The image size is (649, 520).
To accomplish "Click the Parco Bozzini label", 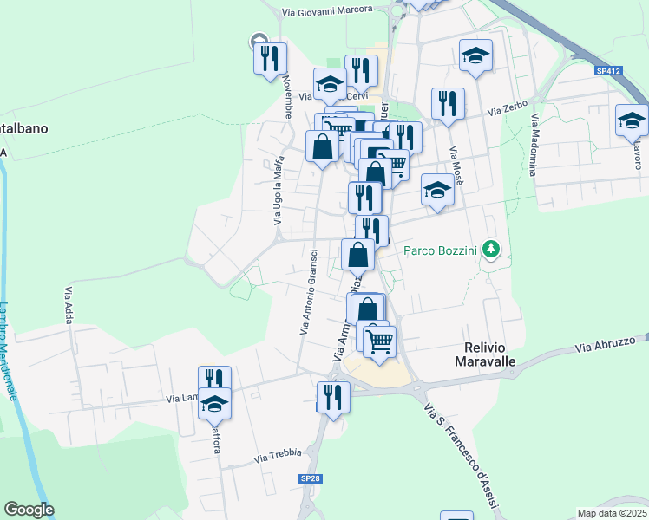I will point(441,250).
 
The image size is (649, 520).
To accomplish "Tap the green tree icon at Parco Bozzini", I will point(492,250).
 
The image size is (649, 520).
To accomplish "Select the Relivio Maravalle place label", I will point(486,354).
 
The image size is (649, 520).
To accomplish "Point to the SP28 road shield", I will point(311,478).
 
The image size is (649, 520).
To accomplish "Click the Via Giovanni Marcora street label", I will point(327,10).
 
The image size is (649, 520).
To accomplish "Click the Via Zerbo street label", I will point(508,110).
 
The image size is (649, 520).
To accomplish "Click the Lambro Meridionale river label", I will point(10,351).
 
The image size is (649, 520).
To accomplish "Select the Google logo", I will point(29,510).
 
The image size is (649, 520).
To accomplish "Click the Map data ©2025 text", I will point(612,513).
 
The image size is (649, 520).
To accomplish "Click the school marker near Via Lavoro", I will point(631,121).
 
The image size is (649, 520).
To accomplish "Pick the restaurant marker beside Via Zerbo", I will point(448,104).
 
